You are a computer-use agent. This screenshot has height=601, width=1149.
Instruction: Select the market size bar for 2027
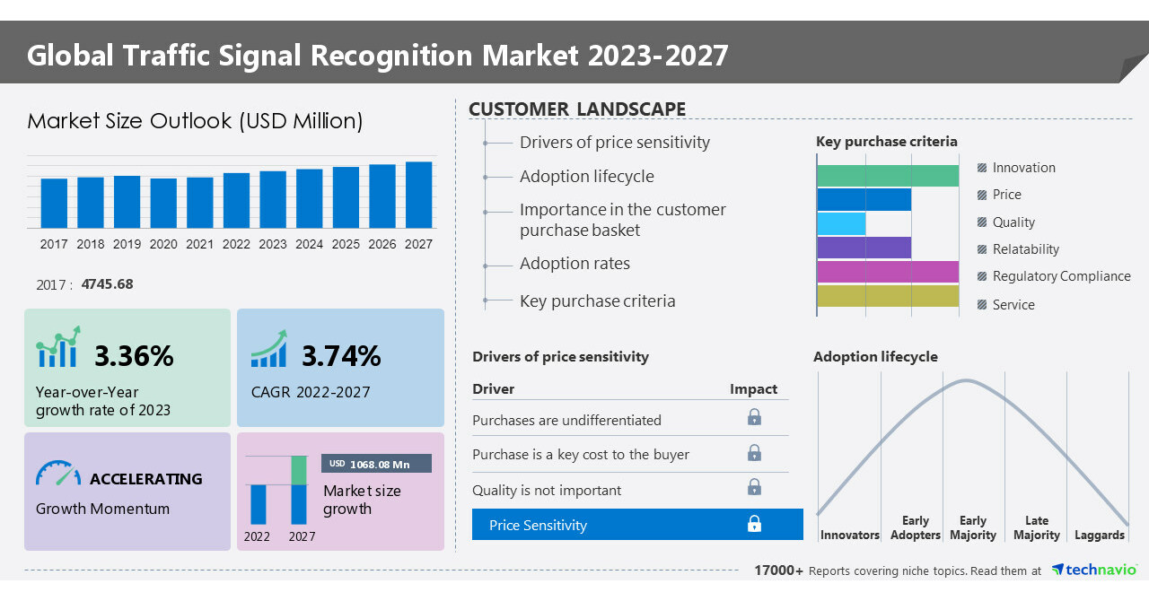(418, 195)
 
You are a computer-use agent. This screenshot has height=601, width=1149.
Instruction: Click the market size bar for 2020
(163, 203)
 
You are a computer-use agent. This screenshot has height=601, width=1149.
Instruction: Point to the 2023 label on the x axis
(273, 244)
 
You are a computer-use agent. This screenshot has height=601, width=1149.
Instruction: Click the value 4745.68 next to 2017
(107, 284)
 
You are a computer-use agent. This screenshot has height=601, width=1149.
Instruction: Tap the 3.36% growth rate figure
(134, 356)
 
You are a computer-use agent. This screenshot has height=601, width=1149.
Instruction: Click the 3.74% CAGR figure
(341, 356)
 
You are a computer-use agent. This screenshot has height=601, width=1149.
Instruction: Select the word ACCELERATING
(146, 479)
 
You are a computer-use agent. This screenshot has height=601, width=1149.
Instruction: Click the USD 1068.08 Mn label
(376, 464)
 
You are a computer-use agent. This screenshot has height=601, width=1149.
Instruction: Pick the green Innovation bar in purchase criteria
(888, 176)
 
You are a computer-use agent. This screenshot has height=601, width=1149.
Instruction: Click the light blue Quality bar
(842, 223)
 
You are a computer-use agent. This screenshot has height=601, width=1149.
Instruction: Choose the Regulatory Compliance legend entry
(1061, 276)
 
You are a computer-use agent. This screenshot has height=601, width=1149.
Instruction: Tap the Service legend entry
(1013, 305)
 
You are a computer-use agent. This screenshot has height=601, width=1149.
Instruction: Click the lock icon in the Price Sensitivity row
(754, 525)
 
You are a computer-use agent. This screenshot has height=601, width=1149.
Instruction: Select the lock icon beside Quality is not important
(754, 487)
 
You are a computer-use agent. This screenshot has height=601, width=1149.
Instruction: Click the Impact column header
(753, 389)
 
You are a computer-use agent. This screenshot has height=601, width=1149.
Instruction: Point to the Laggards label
(1099, 536)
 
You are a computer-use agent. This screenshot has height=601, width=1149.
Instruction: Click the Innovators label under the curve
(849, 536)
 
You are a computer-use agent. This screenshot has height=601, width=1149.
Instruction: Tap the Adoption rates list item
(574, 264)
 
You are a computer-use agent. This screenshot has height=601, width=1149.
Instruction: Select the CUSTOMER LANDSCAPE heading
(577, 109)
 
